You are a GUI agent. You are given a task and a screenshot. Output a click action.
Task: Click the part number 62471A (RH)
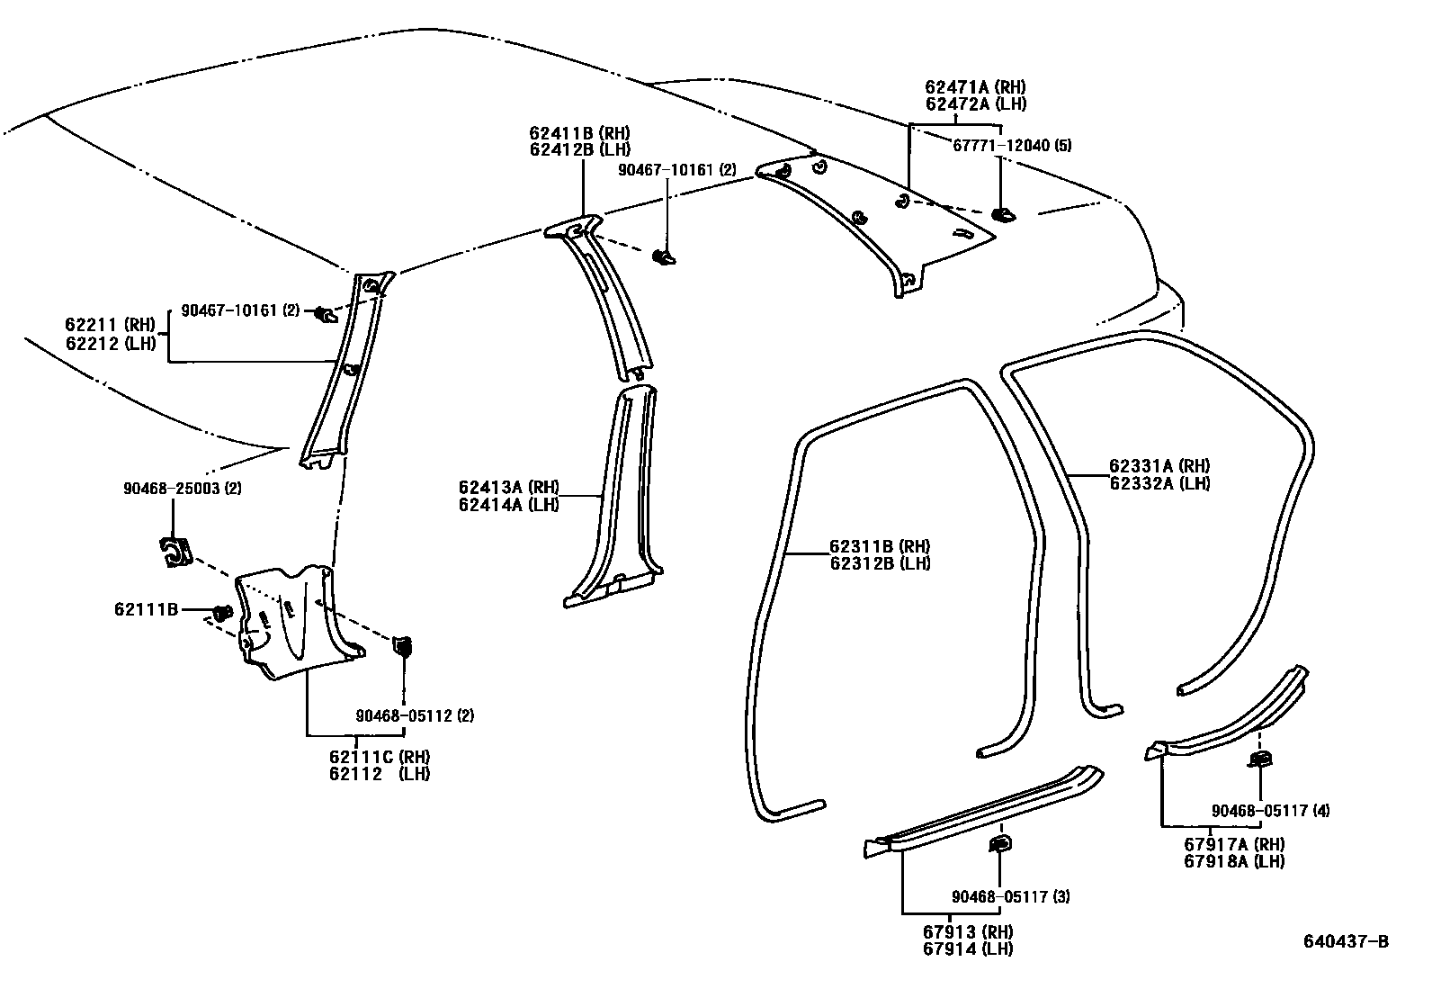tap(975, 87)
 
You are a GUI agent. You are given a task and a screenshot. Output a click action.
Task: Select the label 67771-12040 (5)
tap(1012, 145)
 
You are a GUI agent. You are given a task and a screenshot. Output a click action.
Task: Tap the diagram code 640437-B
tap(1346, 941)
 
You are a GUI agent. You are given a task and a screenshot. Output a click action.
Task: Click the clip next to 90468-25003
tap(174, 552)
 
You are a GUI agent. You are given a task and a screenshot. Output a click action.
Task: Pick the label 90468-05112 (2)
tap(414, 715)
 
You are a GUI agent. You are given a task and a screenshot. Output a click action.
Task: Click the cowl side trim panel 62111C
tap(297, 621)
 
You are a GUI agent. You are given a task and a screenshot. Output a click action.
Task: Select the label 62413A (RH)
tap(508, 488)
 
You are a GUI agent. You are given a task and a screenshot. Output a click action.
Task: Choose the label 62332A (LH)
tap(1159, 482)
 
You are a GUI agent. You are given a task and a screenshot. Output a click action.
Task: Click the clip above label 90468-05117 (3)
tap(999, 843)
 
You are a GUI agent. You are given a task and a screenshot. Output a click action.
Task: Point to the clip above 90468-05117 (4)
tap(1260, 760)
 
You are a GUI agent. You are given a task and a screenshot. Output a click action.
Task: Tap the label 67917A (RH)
tap(1233, 844)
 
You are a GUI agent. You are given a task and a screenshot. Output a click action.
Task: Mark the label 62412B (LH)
tap(579, 149)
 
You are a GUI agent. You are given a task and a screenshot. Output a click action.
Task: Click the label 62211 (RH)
tap(110, 324)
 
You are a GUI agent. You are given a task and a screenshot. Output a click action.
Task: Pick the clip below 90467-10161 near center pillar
tap(666, 257)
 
